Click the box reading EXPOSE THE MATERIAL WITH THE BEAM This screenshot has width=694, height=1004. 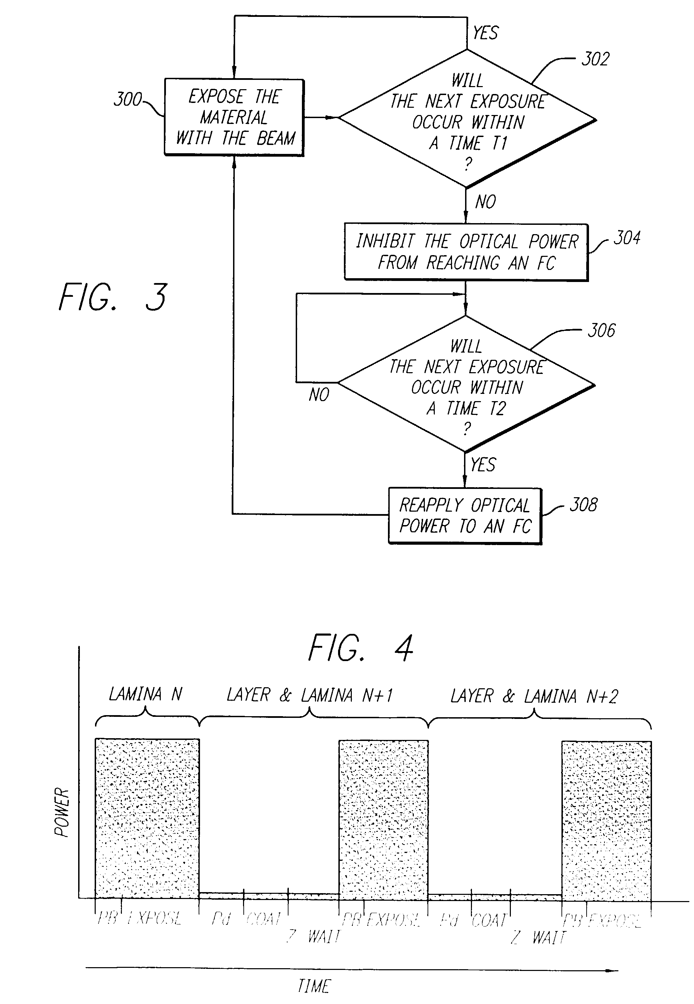click(234, 117)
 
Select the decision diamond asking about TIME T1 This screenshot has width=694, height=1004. click(467, 119)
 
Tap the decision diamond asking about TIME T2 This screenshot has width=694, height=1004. click(466, 384)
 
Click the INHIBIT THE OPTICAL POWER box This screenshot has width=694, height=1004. click(466, 252)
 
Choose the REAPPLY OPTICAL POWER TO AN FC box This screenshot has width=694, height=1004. click(465, 516)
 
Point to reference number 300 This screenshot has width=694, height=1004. click(127, 100)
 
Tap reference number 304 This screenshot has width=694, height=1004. click(627, 238)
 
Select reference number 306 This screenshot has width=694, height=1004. click(601, 331)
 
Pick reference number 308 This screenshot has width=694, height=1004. click(583, 505)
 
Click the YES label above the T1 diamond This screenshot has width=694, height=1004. click(485, 33)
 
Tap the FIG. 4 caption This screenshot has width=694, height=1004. click(360, 648)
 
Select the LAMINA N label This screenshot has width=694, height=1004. click(145, 694)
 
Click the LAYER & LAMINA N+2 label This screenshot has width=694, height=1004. click(534, 696)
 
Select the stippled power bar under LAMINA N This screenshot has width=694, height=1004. click(147, 817)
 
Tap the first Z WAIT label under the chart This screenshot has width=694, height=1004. click(313, 936)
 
